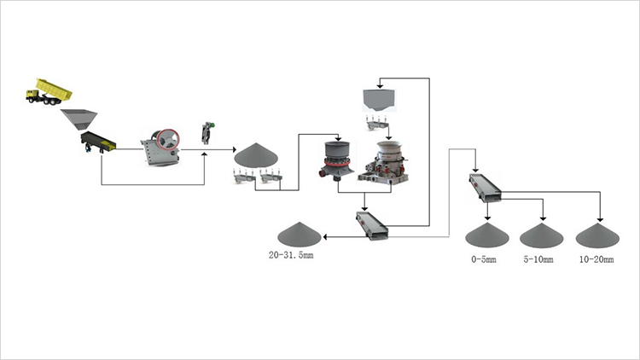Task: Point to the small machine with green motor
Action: [206, 133]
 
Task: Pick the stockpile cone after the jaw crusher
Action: [253, 154]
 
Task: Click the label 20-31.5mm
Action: [291, 256]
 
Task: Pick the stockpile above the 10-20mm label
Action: [596, 235]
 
